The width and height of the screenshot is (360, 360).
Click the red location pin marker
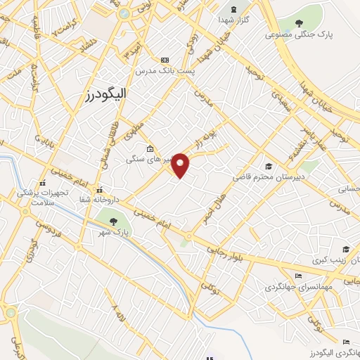(x=181, y=165)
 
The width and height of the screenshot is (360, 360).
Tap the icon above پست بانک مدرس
(x=165, y=60)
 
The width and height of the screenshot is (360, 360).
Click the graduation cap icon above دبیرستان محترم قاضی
(x=269, y=166)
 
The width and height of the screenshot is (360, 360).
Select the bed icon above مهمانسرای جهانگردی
(x=297, y=276)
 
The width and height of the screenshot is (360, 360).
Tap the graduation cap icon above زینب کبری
(x=345, y=249)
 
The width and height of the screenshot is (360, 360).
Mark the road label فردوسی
(x=46, y=226)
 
